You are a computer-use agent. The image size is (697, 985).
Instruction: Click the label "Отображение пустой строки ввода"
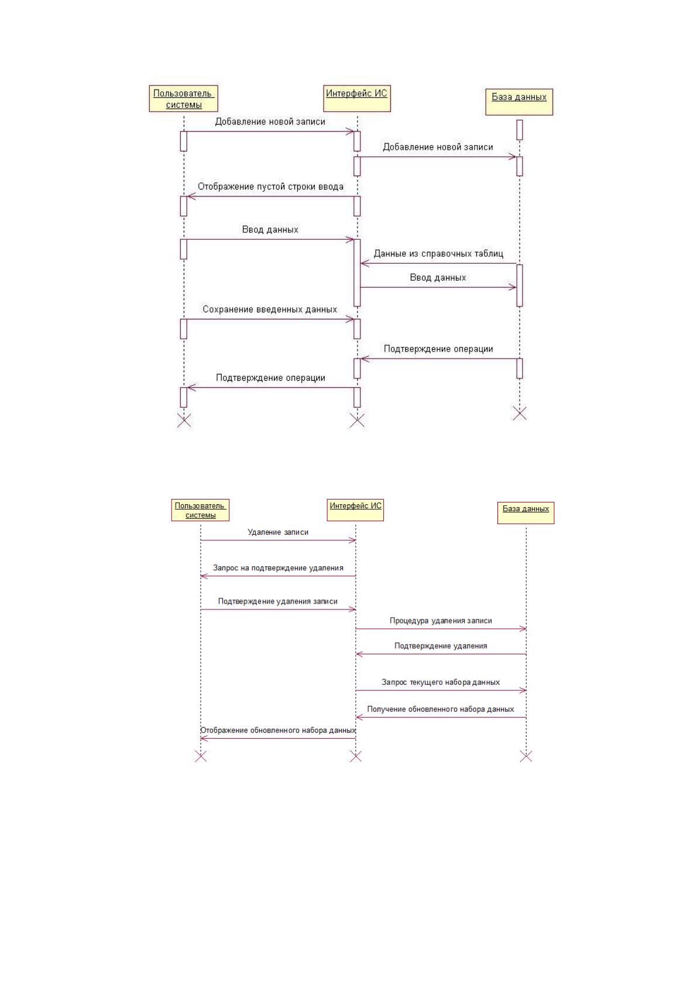(270, 187)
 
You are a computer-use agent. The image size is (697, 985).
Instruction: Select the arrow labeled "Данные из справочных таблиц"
(438, 263)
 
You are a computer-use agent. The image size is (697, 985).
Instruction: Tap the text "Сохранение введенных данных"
(270, 309)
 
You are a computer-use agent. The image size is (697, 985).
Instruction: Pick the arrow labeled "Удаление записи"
(278, 540)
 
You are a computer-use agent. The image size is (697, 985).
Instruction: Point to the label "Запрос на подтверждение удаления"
(278, 568)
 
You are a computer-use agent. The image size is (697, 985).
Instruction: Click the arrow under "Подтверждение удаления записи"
(278, 609)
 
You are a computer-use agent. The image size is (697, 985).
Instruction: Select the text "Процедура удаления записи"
(441, 621)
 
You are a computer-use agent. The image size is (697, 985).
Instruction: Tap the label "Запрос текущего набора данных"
(441, 682)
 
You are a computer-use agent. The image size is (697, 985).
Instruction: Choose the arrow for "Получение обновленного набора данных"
(441, 718)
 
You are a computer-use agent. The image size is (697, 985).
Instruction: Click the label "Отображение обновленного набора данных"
(278, 731)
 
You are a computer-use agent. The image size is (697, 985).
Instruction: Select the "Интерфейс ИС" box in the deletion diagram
(355, 509)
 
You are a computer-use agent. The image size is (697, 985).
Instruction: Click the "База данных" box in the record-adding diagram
(519, 102)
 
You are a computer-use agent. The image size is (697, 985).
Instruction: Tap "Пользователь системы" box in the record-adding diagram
(184, 98)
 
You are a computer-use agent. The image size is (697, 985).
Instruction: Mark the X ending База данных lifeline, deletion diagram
(526, 756)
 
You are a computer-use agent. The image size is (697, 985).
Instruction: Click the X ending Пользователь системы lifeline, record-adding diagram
(184, 421)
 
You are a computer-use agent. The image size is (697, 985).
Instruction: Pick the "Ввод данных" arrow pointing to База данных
(438, 287)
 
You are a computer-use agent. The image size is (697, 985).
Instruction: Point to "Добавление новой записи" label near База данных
(438, 147)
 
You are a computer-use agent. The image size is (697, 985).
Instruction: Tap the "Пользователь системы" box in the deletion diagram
(200, 509)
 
